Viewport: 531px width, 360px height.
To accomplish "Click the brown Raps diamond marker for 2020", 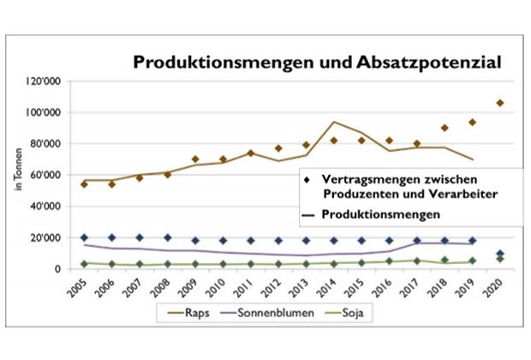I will (x=500, y=103).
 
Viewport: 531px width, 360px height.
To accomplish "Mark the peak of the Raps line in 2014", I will (x=333, y=122).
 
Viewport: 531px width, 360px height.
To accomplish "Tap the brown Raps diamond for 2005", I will (x=84, y=184).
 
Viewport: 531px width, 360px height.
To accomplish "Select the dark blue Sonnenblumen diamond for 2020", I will (x=500, y=254).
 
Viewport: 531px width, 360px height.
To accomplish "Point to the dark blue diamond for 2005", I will (x=84, y=237).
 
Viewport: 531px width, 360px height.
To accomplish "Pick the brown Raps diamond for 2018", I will (x=444, y=128).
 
